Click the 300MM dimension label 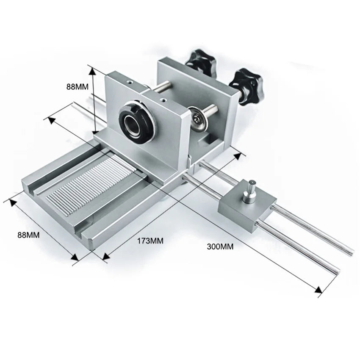click(220, 246)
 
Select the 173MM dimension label click(150, 241)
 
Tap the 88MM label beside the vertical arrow click(78, 86)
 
